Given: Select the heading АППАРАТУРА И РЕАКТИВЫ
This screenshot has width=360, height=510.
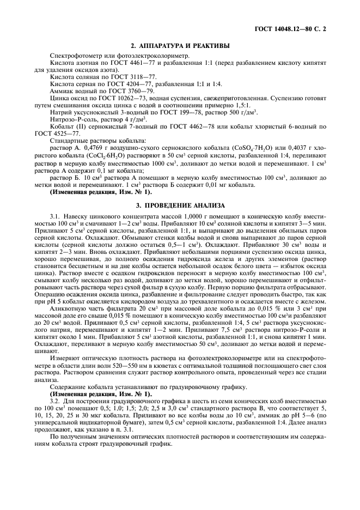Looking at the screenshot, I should point(180,46).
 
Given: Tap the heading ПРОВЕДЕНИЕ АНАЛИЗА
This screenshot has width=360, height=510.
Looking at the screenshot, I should point(180,204).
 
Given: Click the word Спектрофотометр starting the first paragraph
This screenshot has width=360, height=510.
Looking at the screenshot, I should point(77,57).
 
